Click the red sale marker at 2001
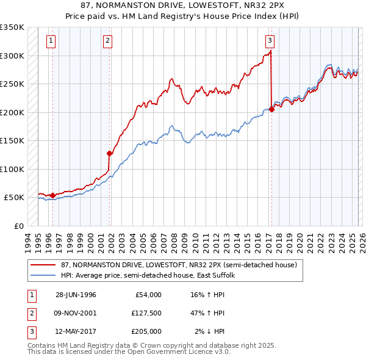click(110, 154)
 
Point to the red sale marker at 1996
click(52, 195)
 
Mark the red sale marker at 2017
click(271, 110)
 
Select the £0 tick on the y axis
click(18, 226)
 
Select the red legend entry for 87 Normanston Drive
click(178, 265)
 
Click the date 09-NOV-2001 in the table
click(76, 313)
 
